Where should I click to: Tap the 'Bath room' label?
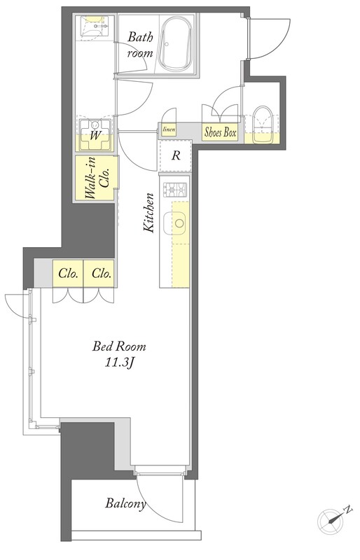(140, 45)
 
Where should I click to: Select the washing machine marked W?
(95, 134)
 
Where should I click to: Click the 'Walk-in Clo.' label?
(97, 178)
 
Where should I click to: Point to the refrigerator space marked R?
(176, 155)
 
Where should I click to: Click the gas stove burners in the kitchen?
(175, 190)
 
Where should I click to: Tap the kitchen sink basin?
(175, 223)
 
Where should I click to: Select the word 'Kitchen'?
(148, 213)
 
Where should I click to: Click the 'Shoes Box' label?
(220, 132)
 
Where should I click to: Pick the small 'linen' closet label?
(169, 129)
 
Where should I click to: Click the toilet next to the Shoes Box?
(263, 125)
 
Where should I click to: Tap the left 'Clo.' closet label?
(68, 274)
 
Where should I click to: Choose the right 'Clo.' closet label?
(102, 274)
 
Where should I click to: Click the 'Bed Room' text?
(119, 346)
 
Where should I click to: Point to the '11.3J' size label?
(119, 363)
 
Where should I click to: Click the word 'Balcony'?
(125, 504)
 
